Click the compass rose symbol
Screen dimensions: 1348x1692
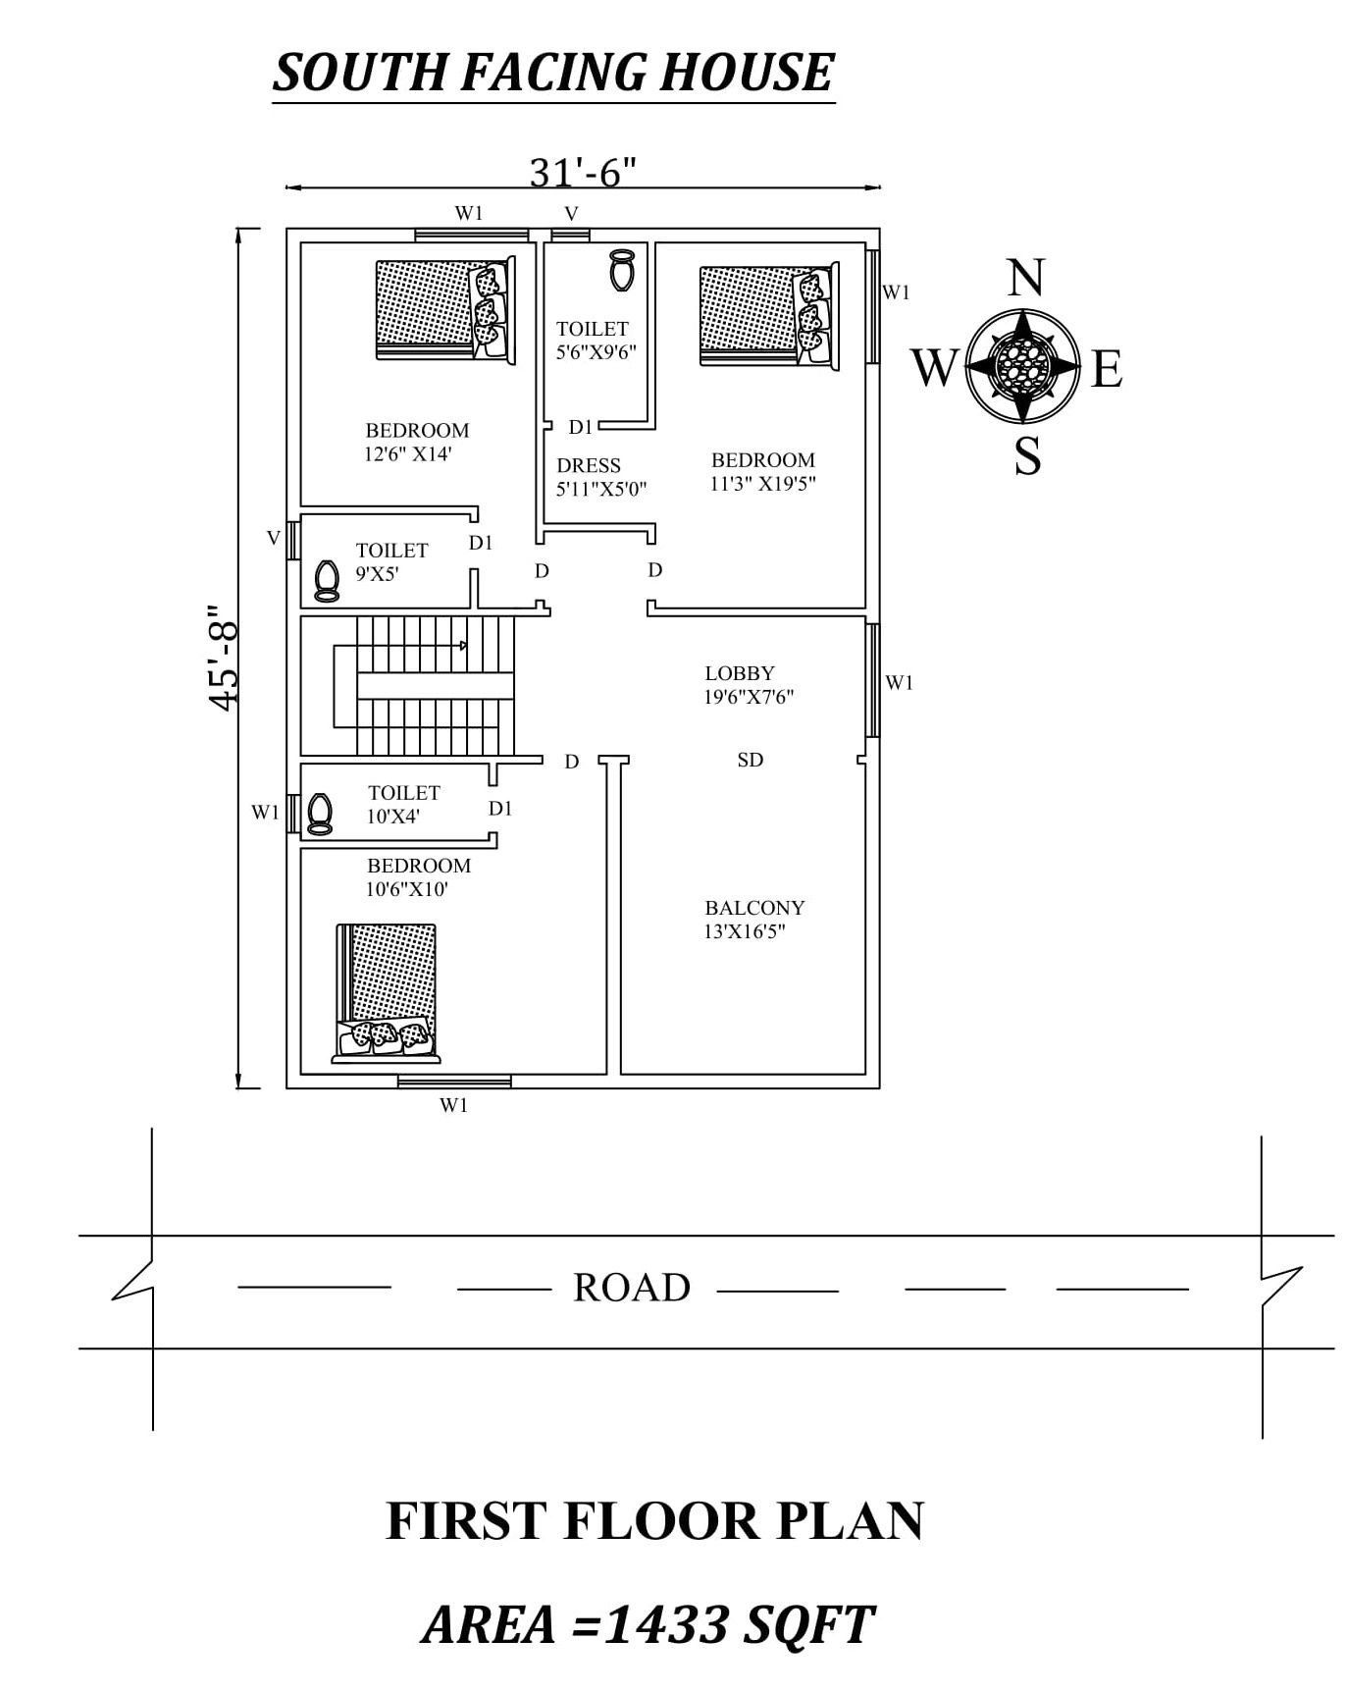[x=1023, y=365]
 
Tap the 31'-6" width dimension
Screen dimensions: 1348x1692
[x=583, y=173]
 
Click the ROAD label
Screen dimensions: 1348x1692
[x=632, y=1288]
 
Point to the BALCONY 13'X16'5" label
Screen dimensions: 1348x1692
[x=753, y=920]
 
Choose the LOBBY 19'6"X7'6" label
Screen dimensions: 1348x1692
[x=749, y=685]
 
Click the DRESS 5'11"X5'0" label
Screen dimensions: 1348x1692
[x=600, y=477]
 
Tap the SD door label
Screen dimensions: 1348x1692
[x=751, y=760]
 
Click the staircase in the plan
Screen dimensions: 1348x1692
[x=422, y=685]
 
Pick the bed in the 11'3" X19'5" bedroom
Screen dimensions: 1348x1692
[x=769, y=315]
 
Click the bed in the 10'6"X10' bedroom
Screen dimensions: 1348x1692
[x=387, y=993]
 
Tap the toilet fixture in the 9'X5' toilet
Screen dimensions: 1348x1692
[x=326, y=580]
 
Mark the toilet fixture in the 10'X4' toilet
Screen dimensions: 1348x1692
[x=318, y=813]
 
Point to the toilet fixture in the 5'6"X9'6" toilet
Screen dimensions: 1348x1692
[x=621, y=269]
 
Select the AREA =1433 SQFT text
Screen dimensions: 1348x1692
[x=648, y=1624]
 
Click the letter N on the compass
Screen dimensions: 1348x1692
[x=1026, y=278]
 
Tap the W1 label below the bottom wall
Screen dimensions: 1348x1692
[x=453, y=1105]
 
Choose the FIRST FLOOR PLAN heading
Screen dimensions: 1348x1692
[x=654, y=1520]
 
